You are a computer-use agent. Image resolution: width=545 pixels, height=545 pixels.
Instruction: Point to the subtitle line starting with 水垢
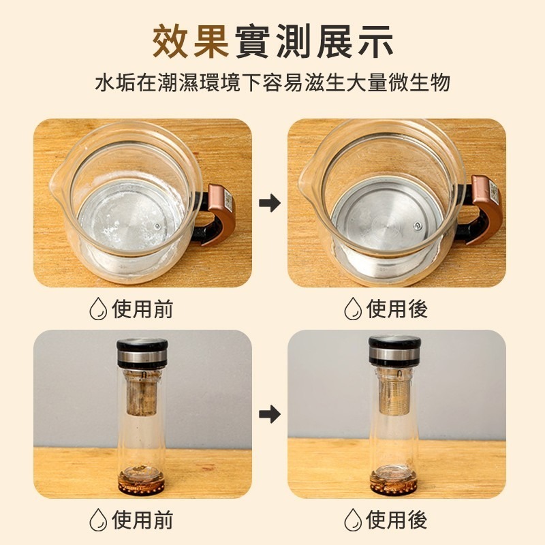tap(272, 84)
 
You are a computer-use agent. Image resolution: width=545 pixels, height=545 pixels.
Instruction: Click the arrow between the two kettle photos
tap(270, 202)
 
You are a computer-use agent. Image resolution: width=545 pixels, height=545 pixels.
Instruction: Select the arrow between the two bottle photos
tap(270, 413)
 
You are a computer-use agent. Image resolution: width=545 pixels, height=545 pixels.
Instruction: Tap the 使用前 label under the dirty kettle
tap(143, 309)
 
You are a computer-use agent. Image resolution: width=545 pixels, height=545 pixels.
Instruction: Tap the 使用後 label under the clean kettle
tap(397, 309)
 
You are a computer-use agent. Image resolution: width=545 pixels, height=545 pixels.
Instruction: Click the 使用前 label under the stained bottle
tap(143, 520)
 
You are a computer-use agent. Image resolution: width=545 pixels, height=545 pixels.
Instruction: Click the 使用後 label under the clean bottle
tap(397, 520)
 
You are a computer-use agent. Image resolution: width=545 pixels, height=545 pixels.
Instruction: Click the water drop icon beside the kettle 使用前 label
tap(98, 309)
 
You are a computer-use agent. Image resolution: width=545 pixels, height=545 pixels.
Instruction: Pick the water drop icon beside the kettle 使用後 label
tap(352, 309)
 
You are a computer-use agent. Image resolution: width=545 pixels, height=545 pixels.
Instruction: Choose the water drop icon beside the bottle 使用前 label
tap(98, 520)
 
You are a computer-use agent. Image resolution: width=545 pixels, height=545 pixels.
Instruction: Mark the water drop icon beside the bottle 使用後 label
tap(352, 520)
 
